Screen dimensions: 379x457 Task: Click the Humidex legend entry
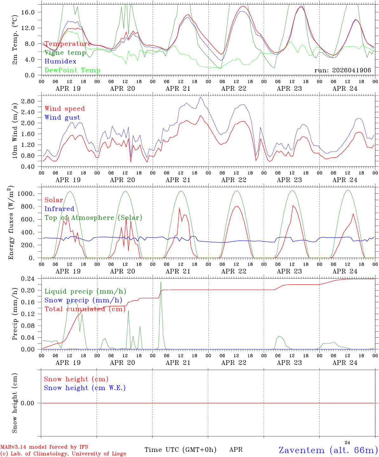pyautogui.click(x=60, y=61)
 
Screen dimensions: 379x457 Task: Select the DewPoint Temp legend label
pyautogui.click(x=72, y=70)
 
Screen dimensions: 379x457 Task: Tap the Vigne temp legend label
pyautogui.click(x=65, y=53)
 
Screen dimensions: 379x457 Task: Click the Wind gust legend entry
pyautogui.click(x=63, y=117)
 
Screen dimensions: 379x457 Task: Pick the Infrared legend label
pyautogui.click(x=59, y=209)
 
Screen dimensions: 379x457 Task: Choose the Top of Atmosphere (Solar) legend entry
pyautogui.click(x=94, y=218)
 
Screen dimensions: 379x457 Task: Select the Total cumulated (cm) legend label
pyautogui.click(x=85, y=309)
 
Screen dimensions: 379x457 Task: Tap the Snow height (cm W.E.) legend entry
pyautogui.click(x=85, y=388)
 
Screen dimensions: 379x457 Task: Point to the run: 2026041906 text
pyautogui.click(x=342, y=70)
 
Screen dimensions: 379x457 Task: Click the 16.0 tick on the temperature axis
pyautogui.click(x=28, y=12)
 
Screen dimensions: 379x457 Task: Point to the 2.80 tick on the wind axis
pyautogui.click(x=28, y=101)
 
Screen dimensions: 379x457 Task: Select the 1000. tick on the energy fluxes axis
pyautogui.click(x=26, y=194)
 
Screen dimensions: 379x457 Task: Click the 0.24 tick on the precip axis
pyautogui.click(x=28, y=279)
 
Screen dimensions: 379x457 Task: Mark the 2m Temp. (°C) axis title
pyautogui.click(x=15, y=40)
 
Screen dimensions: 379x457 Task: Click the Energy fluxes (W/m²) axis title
pyautogui.click(x=11, y=222)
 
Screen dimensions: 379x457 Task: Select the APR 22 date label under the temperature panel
pyautogui.click(x=234, y=89)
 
